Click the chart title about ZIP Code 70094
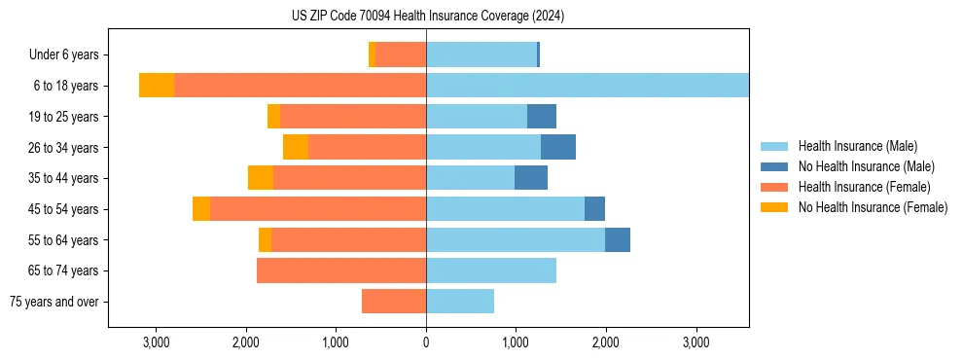pyautogui.click(x=427, y=16)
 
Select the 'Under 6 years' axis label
pyautogui.click(x=70, y=55)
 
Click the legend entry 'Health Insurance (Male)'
pyautogui.click(x=857, y=146)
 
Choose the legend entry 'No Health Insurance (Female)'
pyautogui.click(x=873, y=207)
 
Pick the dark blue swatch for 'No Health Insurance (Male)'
pyautogui.click(x=775, y=166)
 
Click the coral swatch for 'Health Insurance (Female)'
pyautogui.click(x=775, y=187)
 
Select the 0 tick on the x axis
pyautogui.click(x=426, y=342)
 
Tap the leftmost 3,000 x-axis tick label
pyautogui.click(x=157, y=342)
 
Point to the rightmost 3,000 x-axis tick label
pyautogui.click(x=695, y=342)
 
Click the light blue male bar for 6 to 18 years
pyautogui.click(x=588, y=86)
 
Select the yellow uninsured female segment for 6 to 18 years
pyautogui.click(x=157, y=86)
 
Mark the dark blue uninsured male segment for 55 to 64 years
pyautogui.click(x=618, y=239)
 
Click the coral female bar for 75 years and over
pyautogui.click(x=394, y=302)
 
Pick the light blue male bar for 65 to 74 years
pyautogui.click(x=491, y=270)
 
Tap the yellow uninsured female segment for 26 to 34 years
pyautogui.click(x=296, y=147)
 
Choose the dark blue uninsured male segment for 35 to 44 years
pyautogui.click(x=531, y=178)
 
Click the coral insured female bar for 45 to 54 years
pyautogui.click(x=318, y=209)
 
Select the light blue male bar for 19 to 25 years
pyautogui.click(x=477, y=117)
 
